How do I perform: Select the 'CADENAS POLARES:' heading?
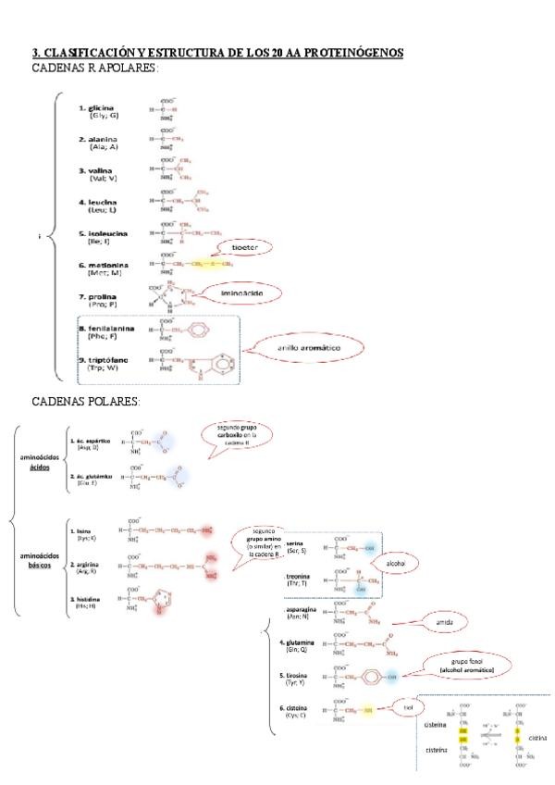(x=86, y=401)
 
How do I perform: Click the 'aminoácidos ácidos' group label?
(x=40, y=462)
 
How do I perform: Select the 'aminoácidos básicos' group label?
(x=40, y=560)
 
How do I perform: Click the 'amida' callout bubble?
(x=443, y=624)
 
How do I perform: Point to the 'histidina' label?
(x=89, y=599)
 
